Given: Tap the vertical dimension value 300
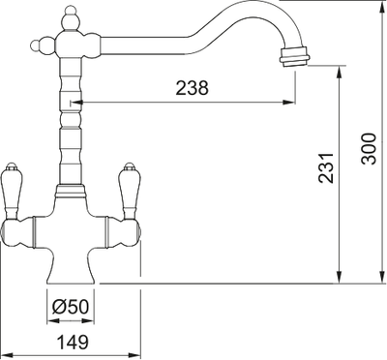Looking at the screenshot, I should [x=367, y=148].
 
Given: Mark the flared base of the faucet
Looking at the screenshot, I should [x=74, y=268].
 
